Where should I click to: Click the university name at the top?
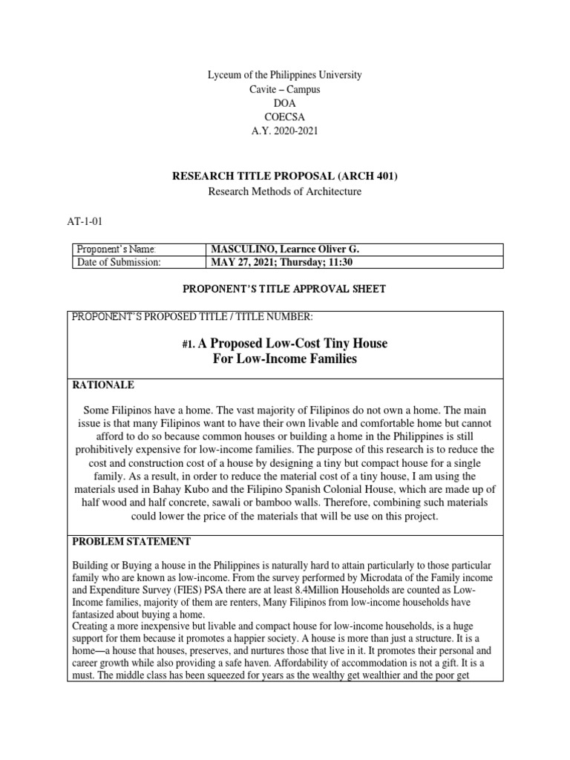284,76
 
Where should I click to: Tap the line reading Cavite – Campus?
284,89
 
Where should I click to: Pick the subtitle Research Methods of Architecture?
284,191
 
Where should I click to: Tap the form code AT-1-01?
86,222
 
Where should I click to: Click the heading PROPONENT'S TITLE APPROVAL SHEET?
284,289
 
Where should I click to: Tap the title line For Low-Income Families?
284,360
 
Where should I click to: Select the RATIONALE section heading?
102,385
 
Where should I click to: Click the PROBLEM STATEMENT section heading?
131,541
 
